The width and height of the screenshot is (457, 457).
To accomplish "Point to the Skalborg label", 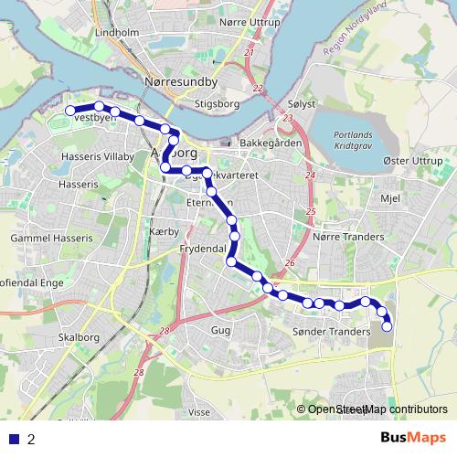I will pyautogui.click(x=78, y=336).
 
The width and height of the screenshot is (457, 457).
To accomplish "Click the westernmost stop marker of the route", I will pyautogui.click(x=69, y=111).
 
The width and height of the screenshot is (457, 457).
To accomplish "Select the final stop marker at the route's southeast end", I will pyautogui.click(x=388, y=326).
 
